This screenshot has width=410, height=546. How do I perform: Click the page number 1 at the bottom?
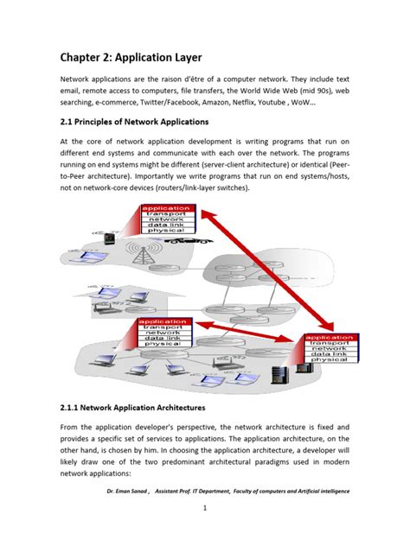[x=205, y=508]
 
